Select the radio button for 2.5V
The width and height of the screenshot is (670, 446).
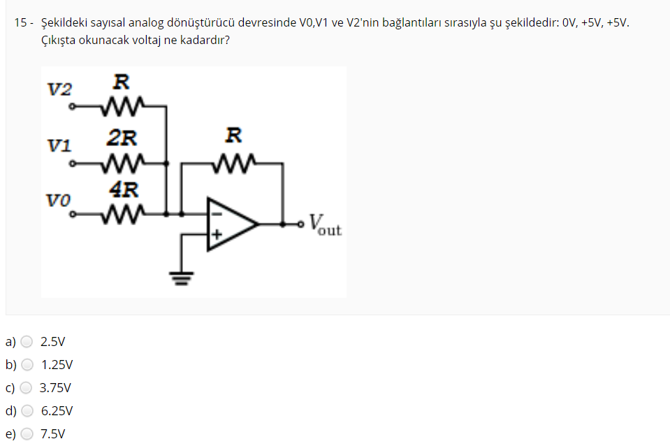click(x=27, y=342)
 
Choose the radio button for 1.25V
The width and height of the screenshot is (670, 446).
click(x=27, y=364)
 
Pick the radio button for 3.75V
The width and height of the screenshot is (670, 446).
click(x=27, y=387)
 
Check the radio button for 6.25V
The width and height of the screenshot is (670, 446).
click(x=27, y=410)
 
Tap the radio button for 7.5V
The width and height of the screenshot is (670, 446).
click(x=27, y=433)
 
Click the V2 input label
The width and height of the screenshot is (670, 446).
click(x=59, y=89)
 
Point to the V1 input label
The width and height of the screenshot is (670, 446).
click(x=59, y=146)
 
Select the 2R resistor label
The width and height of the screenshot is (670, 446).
click(x=122, y=136)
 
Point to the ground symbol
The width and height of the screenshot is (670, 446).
click(x=182, y=279)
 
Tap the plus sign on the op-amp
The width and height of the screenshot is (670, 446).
click(x=217, y=236)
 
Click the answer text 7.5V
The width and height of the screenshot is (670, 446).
click(x=53, y=433)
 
